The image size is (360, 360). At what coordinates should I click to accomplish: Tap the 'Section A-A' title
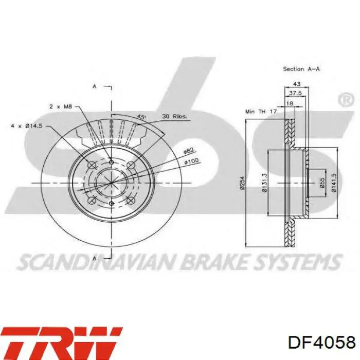click(x=301, y=69)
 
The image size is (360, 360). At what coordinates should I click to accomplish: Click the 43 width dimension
click(x=297, y=84)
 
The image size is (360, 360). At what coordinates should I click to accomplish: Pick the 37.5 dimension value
click(x=295, y=93)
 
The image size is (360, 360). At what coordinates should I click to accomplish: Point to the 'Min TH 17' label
click(x=261, y=112)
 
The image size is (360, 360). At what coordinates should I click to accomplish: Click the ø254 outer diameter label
click(x=242, y=183)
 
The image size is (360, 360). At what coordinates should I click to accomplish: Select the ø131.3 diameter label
click(x=264, y=183)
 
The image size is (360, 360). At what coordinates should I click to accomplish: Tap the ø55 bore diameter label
click(x=322, y=183)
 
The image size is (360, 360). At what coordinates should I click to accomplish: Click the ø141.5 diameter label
click(x=334, y=183)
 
